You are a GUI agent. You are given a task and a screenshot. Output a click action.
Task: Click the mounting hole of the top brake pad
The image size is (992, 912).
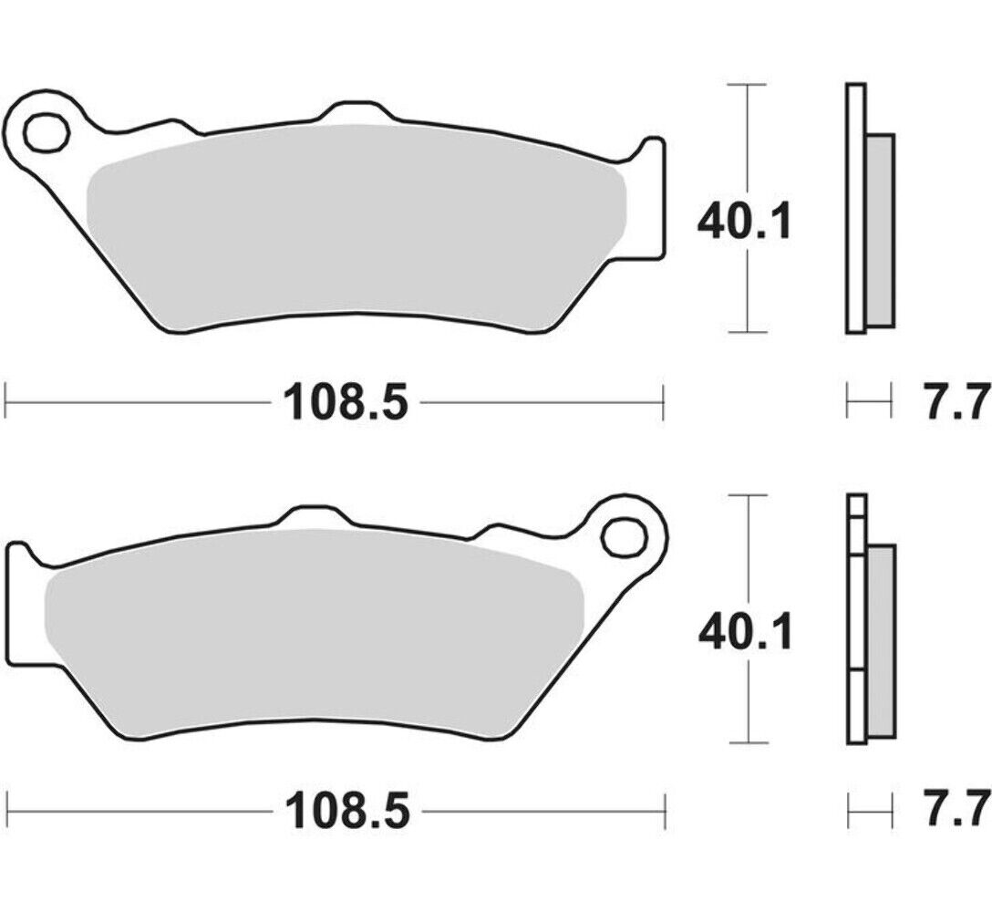point(46,133)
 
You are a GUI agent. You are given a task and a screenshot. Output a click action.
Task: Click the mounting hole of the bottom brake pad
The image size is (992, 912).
point(623,535)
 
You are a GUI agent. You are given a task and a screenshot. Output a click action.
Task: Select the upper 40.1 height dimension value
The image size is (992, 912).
point(744,222)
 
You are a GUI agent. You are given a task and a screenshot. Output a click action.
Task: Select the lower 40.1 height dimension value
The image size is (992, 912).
point(744,631)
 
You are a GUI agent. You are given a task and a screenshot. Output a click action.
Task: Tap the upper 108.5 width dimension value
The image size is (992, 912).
point(345,401)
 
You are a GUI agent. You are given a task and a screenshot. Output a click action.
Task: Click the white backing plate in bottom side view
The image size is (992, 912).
point(854,620)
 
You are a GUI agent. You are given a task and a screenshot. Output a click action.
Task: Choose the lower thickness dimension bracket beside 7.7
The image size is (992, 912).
point(869,808)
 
